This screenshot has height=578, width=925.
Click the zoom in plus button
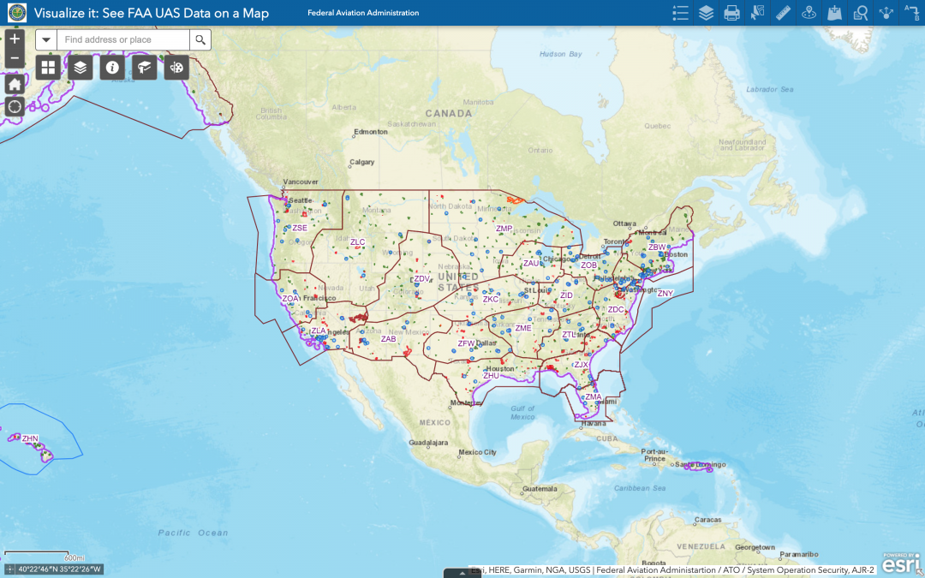click(15, 39)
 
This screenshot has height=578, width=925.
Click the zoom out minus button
click(15, 59)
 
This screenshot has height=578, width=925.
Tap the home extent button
click(15, 84)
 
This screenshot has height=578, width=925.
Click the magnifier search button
click(200, 39)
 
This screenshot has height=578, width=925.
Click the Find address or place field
click(123, 39)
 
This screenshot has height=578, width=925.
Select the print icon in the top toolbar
click(731, 13)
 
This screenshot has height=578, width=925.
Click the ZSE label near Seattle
click(299, 228)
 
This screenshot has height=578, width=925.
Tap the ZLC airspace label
click(357, 242)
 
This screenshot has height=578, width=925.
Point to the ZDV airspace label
click(421, 278)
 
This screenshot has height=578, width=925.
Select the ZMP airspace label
click(504, 229)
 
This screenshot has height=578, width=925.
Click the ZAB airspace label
click(389, 339)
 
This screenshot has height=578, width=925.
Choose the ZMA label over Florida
click(594, 396)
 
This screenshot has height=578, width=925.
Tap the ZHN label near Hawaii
click(30, 438)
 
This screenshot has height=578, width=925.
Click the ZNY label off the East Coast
click(665, 293)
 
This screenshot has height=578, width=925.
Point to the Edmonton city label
click(372, 132)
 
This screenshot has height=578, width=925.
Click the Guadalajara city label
click(429, 443)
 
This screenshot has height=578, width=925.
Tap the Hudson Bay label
click(560, 54)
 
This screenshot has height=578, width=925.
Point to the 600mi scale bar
click(39, 555)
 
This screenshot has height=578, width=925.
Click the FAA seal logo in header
click(17, 13)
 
